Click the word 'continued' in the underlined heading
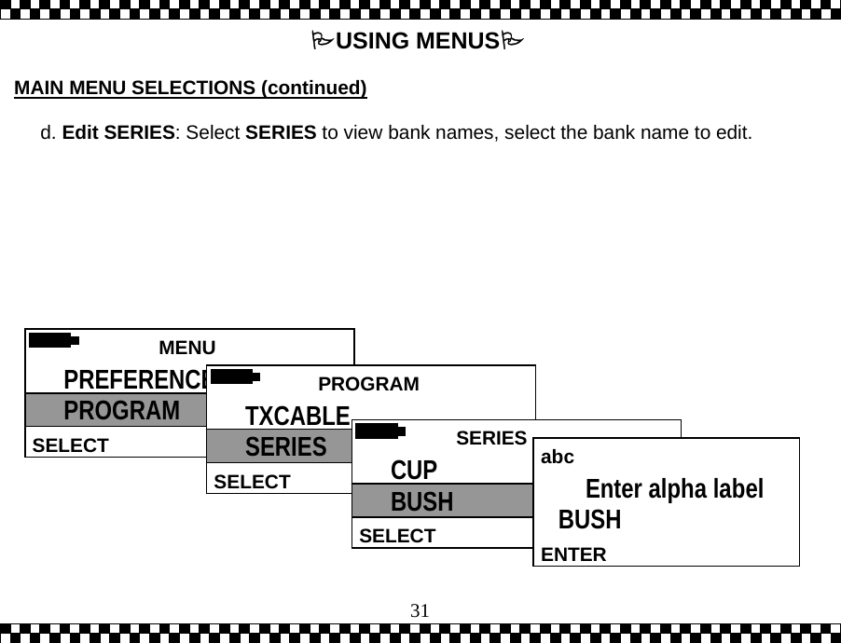(x=313, y=89)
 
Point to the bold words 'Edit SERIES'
(x=118, y=132)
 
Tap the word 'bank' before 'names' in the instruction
(x=414, y=132)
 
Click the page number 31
(x=420, y=611)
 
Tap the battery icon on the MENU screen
(x=52, y=340)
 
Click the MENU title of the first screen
(x=186, y=348)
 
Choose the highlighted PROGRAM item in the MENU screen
(x=121, y=411)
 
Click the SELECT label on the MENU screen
(x=70, y=445)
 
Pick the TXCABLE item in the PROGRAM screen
(x=296, y=416)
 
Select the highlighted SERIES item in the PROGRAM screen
(x=285, y=447)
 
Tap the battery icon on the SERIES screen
(x=379, y=431)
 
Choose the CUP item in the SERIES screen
(x=413, y=469)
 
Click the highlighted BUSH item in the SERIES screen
(x=421, y=502)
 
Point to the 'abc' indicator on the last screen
(x=558, y=458)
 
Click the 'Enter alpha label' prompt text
(x=673, y=489)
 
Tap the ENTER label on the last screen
(x=573, y=555)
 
